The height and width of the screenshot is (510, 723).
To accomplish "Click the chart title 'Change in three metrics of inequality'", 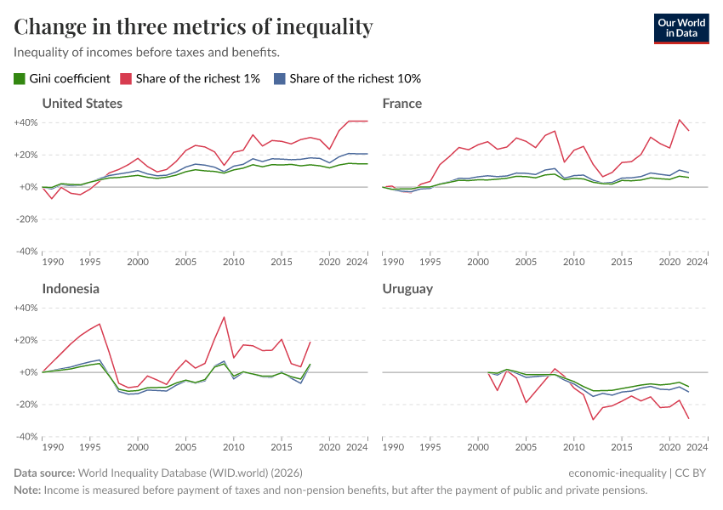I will pos(193,27).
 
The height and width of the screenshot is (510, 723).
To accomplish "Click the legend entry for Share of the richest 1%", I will pos(196,78).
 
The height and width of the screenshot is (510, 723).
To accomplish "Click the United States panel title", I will pos(83,104).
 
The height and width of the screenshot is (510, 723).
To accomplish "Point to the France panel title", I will pos(402,104).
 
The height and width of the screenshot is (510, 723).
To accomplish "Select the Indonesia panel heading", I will pos(71,289).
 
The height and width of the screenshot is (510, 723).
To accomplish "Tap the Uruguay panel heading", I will pos(407,289).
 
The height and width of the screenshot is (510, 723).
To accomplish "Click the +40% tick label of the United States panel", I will pos(26,122).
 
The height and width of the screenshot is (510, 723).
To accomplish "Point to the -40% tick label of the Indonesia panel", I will pos(26,437).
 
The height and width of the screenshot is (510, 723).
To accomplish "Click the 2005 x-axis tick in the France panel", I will pos(526,263).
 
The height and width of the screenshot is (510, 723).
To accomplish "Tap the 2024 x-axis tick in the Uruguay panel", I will pos(697,448).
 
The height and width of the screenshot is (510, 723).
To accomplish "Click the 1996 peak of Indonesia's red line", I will pos(100,324).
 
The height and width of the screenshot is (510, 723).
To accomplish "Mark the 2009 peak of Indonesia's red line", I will pos(224,317).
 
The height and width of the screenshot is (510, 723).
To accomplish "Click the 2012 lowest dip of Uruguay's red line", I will pos(593,419).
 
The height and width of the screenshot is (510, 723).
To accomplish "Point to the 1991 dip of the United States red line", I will pos(52,198).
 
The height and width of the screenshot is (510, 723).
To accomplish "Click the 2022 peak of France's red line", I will pos(679,120).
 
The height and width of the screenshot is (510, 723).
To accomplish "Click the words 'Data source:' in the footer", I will pos(44,473).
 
